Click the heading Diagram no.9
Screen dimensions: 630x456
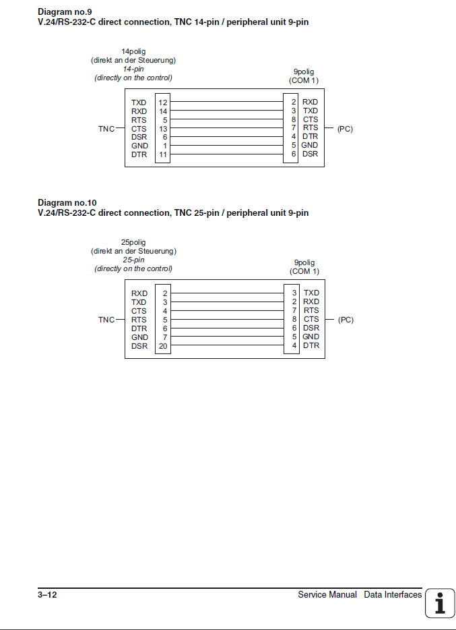point(65,12)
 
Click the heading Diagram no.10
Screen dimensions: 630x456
point(67,203)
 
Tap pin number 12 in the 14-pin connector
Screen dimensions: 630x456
point(163,103)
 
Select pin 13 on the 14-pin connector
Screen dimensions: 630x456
point(163,129)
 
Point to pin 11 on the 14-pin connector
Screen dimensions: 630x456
point(163,154)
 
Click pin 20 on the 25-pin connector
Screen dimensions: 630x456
point(163,346)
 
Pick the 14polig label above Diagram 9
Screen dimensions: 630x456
point(133,51)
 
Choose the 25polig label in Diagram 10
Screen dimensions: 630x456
point(133,242)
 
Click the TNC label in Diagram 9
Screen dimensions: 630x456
point(106,128)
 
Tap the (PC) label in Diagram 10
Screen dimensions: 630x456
point(346,320)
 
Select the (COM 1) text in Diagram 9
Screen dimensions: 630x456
point(304,80)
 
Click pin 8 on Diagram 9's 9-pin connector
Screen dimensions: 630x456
point(294,119)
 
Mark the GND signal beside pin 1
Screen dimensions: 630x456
point(139,146)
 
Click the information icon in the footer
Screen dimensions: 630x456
point(440,602)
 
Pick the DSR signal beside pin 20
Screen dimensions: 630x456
point(139,346)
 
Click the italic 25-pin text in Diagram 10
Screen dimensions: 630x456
point(133,260)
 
